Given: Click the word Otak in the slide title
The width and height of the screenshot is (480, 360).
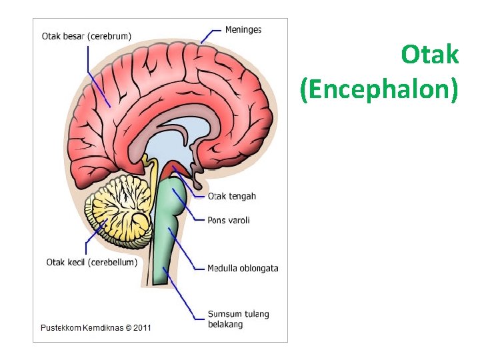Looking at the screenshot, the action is (x=430, y=55).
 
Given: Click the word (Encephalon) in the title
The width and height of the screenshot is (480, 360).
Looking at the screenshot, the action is (x=379, y=89).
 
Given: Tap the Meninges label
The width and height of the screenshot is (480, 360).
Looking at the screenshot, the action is (x=243, y=29).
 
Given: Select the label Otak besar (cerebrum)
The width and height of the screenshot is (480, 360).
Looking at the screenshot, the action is (x=86, y=36).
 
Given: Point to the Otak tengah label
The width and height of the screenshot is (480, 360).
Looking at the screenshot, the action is (x=231, y=196).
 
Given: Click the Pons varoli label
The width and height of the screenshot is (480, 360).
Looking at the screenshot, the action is (x=229, y=220).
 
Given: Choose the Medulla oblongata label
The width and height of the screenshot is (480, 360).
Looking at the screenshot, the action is (x=243, y=268).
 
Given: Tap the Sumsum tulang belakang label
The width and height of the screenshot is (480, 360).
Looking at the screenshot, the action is (x=238, y=319).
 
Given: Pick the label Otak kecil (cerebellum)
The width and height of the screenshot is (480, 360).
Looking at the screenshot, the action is (x=91, y=262).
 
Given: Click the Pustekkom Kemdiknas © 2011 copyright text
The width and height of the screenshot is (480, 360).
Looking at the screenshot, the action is (x=96, y=327).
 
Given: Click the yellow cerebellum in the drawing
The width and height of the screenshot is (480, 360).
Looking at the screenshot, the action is (x=120, y=207).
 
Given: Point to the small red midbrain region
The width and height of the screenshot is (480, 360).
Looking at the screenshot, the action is (x=177, y=167).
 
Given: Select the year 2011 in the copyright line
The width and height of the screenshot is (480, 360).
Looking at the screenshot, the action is (x=141, y=327).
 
